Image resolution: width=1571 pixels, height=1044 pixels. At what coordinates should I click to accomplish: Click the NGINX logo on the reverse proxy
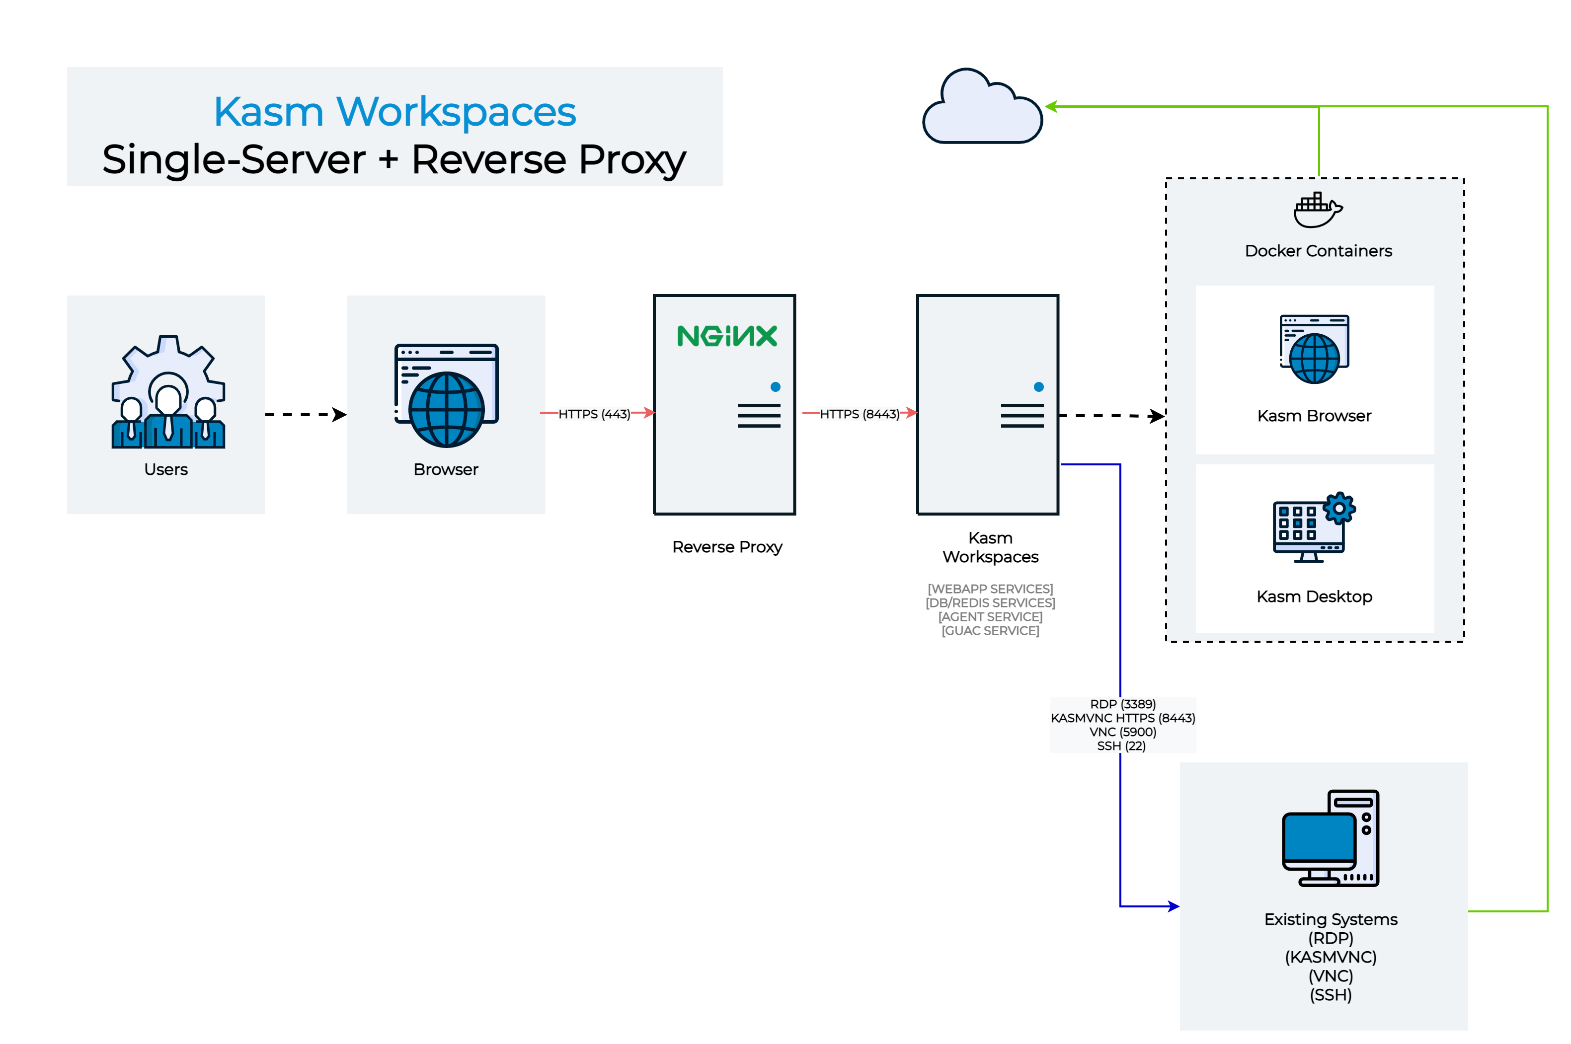pyautogui.click(x=726, y=336)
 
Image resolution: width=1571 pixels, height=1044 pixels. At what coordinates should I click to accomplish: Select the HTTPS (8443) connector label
pyautogui.click(x=859, y=414)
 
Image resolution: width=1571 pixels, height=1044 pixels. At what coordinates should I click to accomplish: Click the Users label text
pyautogui.click(x=166, y=469)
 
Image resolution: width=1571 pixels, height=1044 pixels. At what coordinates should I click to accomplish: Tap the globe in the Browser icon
pyautogui.click(x=446, y=409)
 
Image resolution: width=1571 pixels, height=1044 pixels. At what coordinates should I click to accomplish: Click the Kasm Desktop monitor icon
pyautogui.click(x=1307, y=529)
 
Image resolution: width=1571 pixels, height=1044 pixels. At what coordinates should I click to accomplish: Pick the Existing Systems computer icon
pyautogui.click(x=1330, y=838)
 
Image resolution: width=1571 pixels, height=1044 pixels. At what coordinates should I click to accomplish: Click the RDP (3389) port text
pyautogui.click(x=1122, y=704)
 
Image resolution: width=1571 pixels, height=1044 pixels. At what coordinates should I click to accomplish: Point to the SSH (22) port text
pyautogui.click(x=1121, y=746)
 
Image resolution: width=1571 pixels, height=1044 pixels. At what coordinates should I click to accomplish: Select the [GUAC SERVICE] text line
pyautogui.click(x=990, y=631)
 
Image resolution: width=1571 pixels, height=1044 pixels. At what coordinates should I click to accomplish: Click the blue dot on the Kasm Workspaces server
pyautogui.click(x=1038, y=387)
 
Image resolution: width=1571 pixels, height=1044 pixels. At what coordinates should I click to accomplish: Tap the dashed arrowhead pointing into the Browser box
pyautogui.click(x=340, y=415)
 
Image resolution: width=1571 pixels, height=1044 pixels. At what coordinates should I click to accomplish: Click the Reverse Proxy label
pyautogui.click(x=726, y=547)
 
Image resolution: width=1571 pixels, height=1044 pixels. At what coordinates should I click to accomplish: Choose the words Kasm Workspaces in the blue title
pyautogui.click(x=394, y=112)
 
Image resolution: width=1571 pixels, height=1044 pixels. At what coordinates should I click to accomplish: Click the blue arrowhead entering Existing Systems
pyautogui.click(x=1174, y=906)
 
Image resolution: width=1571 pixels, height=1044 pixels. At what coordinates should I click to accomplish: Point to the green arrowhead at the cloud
pyautogui.click(x=1051, y=106)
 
